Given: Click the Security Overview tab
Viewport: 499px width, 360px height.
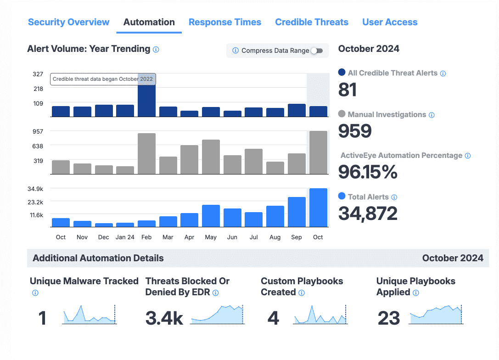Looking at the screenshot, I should point(69,22).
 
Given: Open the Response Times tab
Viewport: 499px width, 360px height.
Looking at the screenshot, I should point(225,22).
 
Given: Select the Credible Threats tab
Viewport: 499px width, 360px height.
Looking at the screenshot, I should point(312,22).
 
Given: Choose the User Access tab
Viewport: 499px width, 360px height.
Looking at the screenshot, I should point(390,22).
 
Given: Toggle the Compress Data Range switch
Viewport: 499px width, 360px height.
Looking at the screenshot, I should point(317,51).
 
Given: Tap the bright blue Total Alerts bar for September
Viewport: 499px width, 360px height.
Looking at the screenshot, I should point(297,212).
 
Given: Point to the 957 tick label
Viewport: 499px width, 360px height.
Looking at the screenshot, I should point(38,131).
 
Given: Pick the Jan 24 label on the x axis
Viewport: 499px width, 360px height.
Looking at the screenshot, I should point(125,237).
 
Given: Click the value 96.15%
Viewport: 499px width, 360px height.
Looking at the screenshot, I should point(368,172).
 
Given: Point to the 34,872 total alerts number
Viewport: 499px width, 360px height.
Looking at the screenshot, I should point(368,214).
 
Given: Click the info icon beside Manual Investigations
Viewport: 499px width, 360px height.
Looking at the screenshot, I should point(432,115).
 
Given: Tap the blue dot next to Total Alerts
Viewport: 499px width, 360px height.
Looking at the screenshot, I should point(342,196).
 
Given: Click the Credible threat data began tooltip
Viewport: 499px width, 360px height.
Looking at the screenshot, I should point(102,79).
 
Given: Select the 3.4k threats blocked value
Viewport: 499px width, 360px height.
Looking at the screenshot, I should point(164,318).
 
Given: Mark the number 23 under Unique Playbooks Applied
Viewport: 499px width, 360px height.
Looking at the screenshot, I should point(389,318).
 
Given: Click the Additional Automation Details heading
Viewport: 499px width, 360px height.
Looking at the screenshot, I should point(98,258).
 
